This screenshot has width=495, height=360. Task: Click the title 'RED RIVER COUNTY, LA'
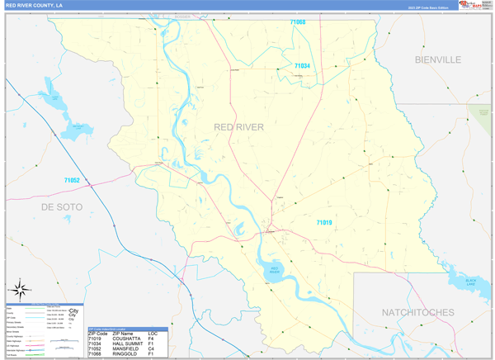click(x=35, y=5)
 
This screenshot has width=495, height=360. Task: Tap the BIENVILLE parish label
click(x=437, y=59)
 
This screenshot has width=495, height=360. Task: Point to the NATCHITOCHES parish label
click(x=417, y=312)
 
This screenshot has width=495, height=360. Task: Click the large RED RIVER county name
click(x=238, y=126)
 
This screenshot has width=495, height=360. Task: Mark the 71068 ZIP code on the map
click(x=296, y=22)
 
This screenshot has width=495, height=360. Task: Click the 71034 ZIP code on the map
click(x=303, y=66)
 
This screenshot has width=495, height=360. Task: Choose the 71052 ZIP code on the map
click(x=72, y=180)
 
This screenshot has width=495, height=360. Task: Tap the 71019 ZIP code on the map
click(x=323, y=222)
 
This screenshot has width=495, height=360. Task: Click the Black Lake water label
click(x=471, y=282)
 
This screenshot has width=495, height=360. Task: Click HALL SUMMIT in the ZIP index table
click(x=129, y=343)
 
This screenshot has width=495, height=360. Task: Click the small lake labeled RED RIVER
click(x=276, y=268)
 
